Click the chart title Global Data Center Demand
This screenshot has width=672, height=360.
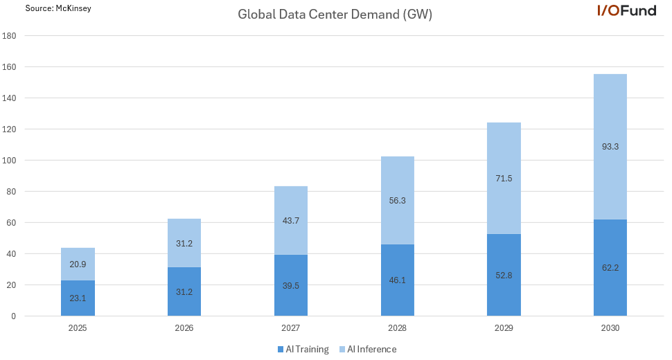coord(335,15)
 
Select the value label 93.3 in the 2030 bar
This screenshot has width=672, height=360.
coord(610,147)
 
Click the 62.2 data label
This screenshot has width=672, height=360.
coord(610,267)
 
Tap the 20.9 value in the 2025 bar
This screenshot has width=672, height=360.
coord(78,264)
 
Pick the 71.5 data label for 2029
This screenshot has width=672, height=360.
coord(504,179)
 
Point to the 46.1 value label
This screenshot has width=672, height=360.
coord(398,280)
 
